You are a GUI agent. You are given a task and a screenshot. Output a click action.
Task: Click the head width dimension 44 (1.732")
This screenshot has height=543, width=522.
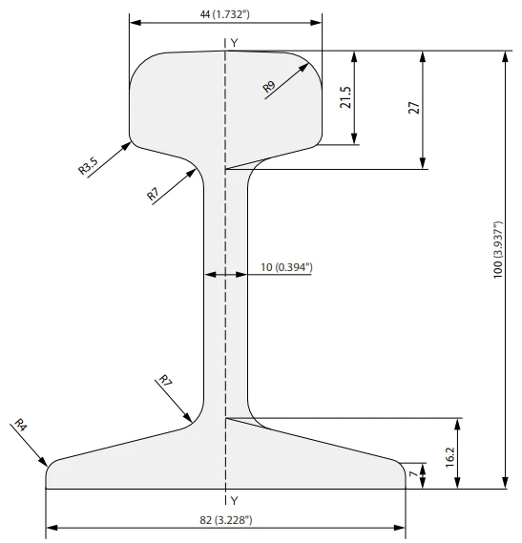coord(224,14)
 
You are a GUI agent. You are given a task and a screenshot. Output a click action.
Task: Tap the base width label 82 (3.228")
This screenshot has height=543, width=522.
coord(226,520)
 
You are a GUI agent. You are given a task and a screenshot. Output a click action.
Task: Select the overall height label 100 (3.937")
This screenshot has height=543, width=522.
coord(497,249)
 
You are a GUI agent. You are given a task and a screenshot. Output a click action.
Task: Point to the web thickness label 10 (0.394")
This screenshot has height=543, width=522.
coord(286,267)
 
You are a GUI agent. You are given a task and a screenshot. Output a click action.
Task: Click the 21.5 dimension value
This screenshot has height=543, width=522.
coord(345,97)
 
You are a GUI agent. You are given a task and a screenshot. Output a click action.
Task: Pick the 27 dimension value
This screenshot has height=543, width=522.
coord(414,108)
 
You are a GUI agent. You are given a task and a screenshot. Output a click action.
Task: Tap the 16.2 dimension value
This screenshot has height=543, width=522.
coord(449,457)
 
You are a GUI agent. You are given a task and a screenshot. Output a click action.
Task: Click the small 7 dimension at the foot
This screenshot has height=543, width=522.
coord(413,473)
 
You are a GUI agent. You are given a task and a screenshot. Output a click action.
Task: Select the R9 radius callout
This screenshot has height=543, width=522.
coord(269,86)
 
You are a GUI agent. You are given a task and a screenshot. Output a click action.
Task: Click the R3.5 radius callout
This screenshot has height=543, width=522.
coord(88,165)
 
